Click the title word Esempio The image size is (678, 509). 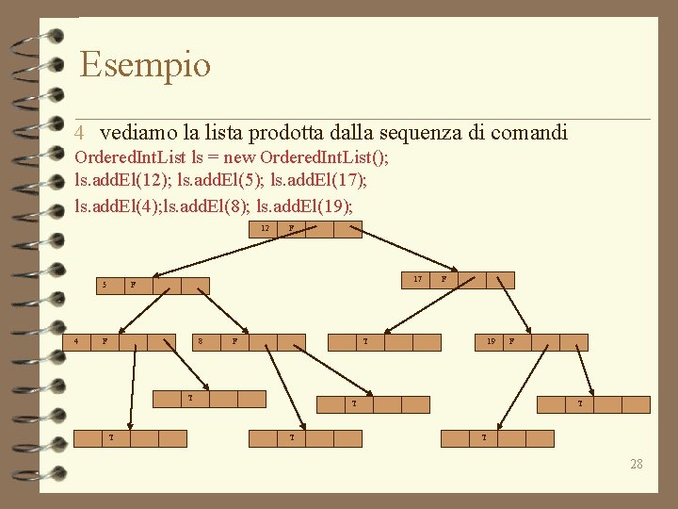click(x=145, y=65)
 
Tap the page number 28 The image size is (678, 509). click(x=637, y=464)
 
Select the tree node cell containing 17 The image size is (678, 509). click(x=415, y=280)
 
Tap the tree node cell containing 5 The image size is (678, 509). click(x=105, y=285)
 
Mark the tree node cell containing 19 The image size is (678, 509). click(x=490, y=342)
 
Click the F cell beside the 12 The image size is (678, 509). click(x=292, y=229)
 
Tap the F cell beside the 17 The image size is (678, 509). click(x=444, y=280)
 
